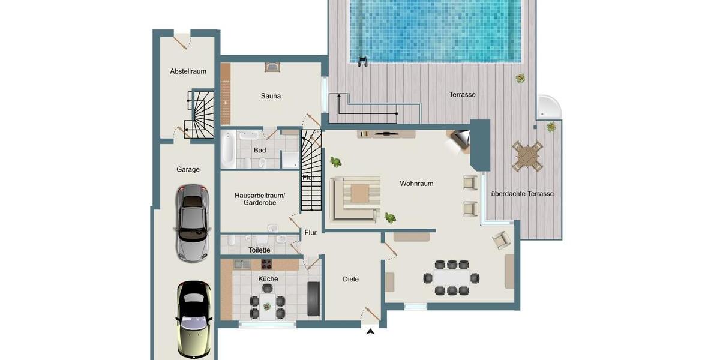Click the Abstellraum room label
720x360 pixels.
click(x=188, y=71)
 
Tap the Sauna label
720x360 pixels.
click(x=271, y=96)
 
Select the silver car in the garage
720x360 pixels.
click(x=192, y=221)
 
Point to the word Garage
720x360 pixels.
click(x=188, y=170)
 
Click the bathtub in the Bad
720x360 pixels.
click(x=229, y=149)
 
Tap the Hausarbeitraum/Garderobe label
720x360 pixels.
click(x=260, y=199)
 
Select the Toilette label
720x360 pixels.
click(x=259, y=250)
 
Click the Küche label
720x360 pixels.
click(x=268, y=279)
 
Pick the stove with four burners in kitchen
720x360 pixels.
click(x=267, y=264)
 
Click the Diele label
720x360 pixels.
click(x=350, y=279)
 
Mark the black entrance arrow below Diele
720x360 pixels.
click(x=370, y=331)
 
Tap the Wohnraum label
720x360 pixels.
click(x=416, y=184)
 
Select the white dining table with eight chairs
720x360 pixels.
click(x=451, y=277)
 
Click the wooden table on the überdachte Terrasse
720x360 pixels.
click(x=527, y=156)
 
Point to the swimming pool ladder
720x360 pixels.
click(x=362, y=61)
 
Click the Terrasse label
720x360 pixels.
click(x=462, y=95)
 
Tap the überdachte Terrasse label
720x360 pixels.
click(x=522, y=194)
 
